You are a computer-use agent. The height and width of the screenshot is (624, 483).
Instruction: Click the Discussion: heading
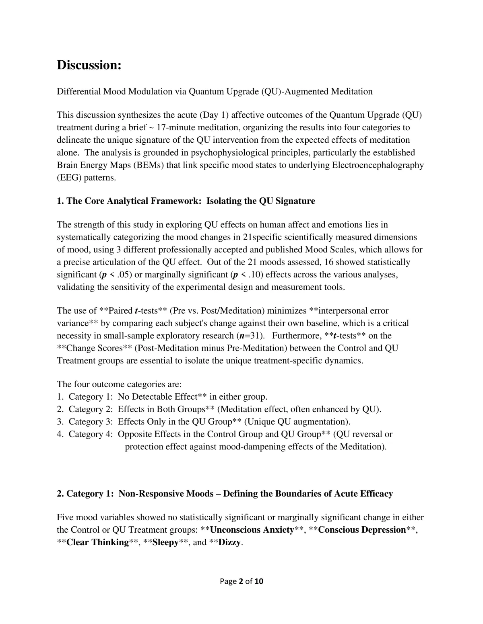click(89, 65)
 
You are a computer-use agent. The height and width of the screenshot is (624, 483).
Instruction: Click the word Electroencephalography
click(378, 165)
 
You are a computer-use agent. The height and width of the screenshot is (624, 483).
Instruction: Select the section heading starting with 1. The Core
click(186, 201)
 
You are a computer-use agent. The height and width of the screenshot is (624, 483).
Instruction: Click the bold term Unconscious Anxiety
click(252, 530)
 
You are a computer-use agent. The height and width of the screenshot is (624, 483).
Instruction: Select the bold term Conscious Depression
click(362, 530)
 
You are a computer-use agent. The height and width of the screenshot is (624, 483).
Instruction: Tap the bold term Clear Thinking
click(97, 542)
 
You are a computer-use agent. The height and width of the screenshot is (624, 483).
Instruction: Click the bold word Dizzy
click(229, 542)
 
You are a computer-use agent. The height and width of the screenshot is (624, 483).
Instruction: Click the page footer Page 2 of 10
click(242, 581)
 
